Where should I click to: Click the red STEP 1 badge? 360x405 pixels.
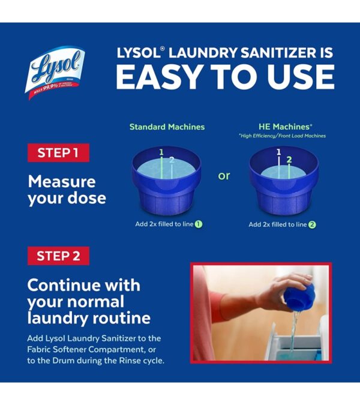pyautogui.click(x=58, y=152)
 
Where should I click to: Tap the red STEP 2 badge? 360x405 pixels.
pyautogui.click(x=58, y=256)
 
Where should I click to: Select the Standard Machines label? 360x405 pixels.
pyautogui.click(x=167, y=127)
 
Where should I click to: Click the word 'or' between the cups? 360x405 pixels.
pyautogui.click(x=224, y=176)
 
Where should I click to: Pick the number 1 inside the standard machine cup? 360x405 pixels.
pyautogui.click(x=161, y=152)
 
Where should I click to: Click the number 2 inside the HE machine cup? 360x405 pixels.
pyautogui.click(x=289, y=160)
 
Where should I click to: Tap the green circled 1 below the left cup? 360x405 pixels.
pyautogui.click(x=198, y=224)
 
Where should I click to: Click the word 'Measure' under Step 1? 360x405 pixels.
pyautogui.click(x=62, y=181)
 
